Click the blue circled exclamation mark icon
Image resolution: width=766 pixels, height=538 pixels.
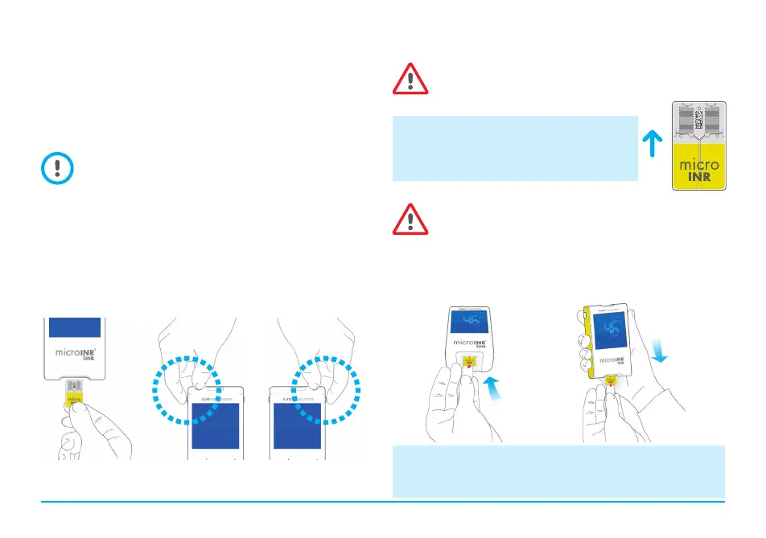pos(56,168)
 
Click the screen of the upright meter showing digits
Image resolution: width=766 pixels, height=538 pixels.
pos(474,331)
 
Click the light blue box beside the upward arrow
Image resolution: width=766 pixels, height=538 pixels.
pos(515,148)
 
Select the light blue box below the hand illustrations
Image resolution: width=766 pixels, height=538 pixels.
pos(558,471)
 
